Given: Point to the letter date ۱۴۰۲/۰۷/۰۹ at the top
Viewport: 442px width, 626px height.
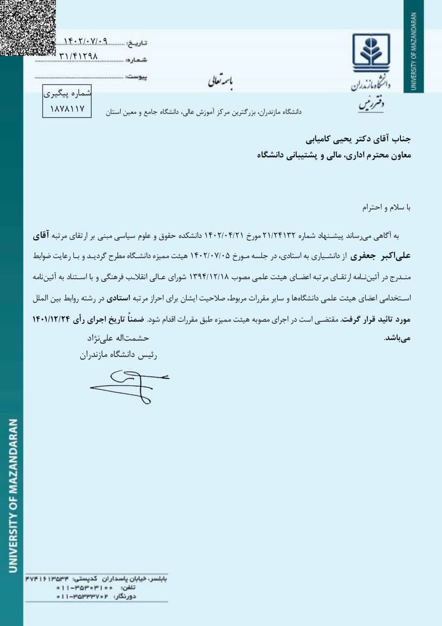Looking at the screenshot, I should click(85, 42).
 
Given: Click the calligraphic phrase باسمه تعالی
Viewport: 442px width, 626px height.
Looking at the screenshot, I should click(221, 82).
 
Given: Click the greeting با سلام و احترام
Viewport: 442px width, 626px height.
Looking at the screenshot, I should click(386, 207).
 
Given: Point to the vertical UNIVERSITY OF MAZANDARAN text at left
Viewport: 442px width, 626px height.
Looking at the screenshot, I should click(13, 494).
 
